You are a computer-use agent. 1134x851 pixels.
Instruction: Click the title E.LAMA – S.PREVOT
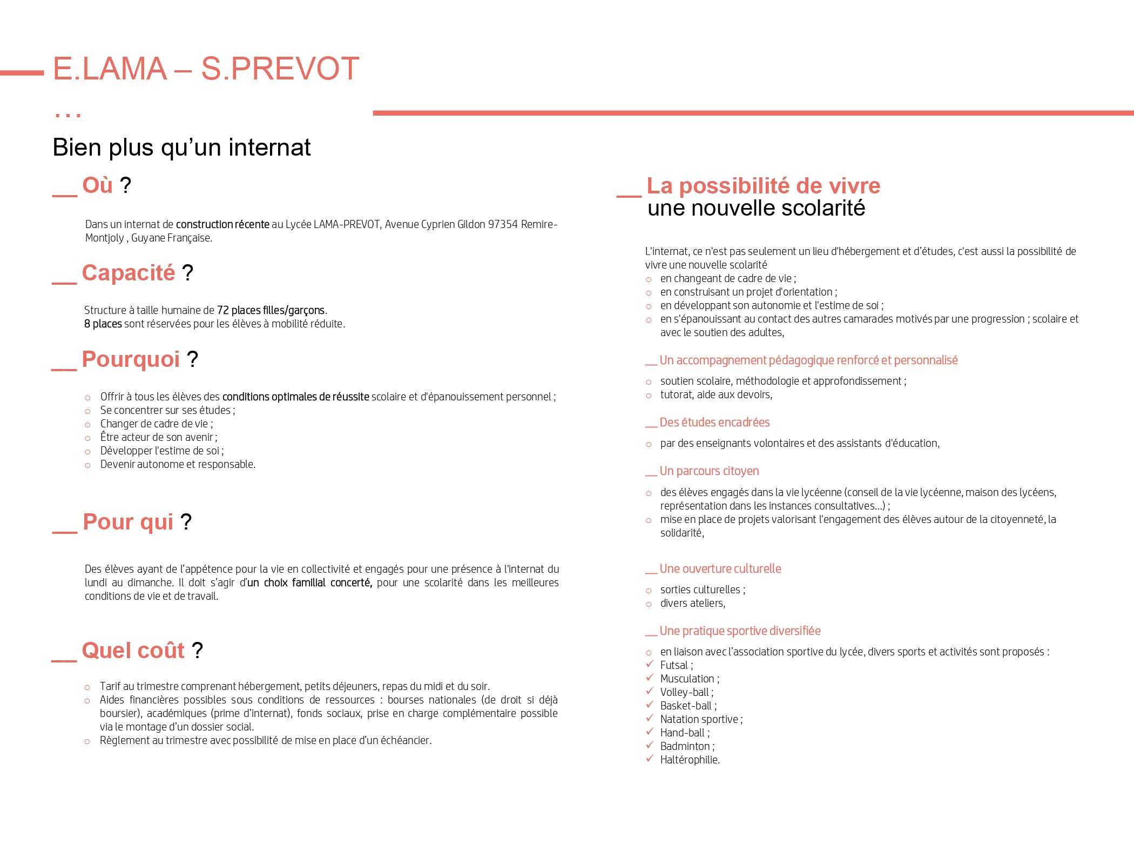(206, 69)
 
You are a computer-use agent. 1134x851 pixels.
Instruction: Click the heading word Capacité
(129, 273)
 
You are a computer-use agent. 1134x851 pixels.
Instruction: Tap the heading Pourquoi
(131, 359)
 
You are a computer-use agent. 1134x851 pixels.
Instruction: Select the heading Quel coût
(133, 651)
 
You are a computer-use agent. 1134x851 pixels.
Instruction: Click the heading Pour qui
(128, 522)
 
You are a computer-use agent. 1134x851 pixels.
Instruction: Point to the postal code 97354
(503, 224)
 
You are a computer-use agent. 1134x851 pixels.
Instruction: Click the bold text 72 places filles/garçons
(271, 310)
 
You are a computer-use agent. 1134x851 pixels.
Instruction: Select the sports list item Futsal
(674, 665)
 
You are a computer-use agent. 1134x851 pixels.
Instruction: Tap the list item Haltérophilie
(689, 760)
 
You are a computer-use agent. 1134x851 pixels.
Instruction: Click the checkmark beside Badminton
(650, 745)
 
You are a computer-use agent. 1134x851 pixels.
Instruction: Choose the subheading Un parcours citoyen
(709, 471)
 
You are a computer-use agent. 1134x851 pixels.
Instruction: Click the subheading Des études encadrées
(714, 423)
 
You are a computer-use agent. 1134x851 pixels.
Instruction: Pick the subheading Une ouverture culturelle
(720, 569)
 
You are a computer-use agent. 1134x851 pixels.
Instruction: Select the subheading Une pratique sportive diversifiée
(740, 631)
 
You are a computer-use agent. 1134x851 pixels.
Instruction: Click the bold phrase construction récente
(222, 224)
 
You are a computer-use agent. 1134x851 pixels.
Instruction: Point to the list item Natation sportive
(699, 719)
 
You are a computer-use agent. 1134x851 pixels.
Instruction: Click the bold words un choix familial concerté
(309, 582)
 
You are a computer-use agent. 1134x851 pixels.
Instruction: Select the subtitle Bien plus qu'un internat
(181, 148)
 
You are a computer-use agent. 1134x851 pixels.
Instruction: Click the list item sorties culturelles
(700, 589)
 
